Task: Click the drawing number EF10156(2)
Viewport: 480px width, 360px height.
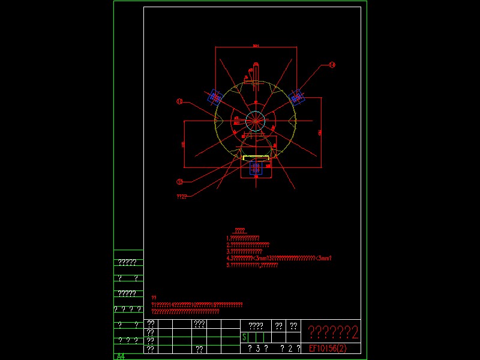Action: (328, 348)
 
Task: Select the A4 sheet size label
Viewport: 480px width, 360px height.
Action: (121, 356)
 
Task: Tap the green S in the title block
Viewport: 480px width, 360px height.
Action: (244, 338)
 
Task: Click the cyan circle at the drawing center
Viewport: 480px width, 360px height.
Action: (256, 119)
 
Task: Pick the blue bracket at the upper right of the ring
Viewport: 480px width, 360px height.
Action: (296, 95)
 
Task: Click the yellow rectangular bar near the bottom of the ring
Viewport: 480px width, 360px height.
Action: (256, 157)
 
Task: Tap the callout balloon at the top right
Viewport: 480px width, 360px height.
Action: (332, 65)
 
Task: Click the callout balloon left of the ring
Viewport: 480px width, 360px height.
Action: (179, 102)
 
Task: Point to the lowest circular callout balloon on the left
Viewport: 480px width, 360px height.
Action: (179, 181)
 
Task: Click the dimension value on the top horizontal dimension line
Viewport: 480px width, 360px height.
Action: (256, 46)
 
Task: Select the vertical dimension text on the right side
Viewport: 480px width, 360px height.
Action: (320, 131)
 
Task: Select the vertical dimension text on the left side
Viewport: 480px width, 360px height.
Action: (183, 144)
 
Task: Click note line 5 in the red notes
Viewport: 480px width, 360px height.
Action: (252, 265)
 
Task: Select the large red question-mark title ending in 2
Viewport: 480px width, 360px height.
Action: (333, 332)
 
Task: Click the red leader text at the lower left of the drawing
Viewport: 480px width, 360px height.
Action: (182, 197)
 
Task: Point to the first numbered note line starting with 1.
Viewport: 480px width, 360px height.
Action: (243, 238)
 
